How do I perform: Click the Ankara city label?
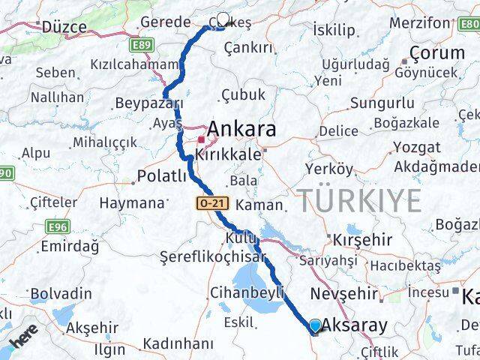click(x=241, y=129)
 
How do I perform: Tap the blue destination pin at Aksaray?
click(x=315, y=325)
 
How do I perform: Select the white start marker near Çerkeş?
click(x=222, y=19)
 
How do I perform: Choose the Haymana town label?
click(x=133, y=202)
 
